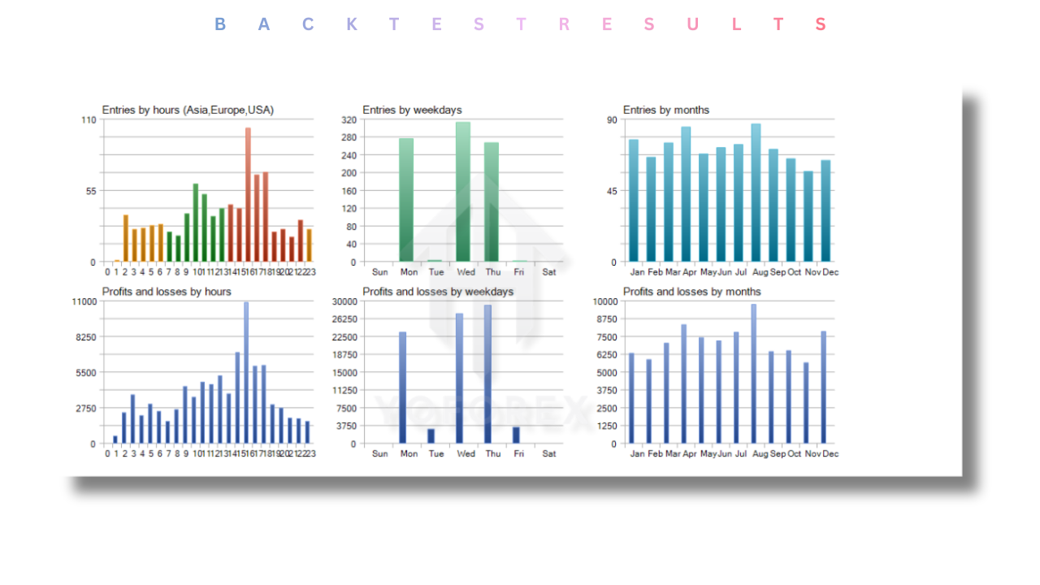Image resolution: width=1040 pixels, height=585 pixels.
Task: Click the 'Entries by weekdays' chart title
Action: [x=412, y=110]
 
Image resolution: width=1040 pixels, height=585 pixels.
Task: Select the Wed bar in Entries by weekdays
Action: [x=463, y=192]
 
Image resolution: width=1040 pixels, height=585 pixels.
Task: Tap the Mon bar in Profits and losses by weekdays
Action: [x=403, y=388]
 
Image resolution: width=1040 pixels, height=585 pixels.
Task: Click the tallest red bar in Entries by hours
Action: [x=248, y=195]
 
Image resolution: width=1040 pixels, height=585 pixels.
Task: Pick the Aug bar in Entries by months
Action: [x=756, y=193]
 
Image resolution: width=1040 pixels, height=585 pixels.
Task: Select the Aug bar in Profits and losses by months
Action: [x=753, y=374]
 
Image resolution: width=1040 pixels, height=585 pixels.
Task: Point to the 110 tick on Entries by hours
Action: [x=88, y=119]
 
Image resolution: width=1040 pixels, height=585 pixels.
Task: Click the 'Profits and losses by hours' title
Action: [x=167, y=292]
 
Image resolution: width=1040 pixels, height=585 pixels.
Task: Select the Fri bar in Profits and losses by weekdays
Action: [x=516, y=435]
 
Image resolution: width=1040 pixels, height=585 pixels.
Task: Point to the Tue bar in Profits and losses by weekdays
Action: [x=431, y=436]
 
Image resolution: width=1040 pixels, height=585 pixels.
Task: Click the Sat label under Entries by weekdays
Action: [x=549, y=272]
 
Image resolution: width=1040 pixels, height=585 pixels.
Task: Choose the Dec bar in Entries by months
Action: [x=825, y=211]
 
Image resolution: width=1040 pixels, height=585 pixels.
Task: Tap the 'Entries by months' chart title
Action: [x=666, y=110]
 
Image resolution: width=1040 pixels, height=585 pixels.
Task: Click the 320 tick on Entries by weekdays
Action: [x=349, y=119]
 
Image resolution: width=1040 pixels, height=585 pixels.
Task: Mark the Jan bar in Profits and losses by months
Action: [x=631, y=398]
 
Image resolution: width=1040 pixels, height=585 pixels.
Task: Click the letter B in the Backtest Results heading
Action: [x=219, y=24]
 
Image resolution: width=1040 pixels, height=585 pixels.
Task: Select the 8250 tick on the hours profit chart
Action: [x=84, y=337]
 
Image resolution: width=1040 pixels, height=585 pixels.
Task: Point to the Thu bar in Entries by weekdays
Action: [x=492, y=202]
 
